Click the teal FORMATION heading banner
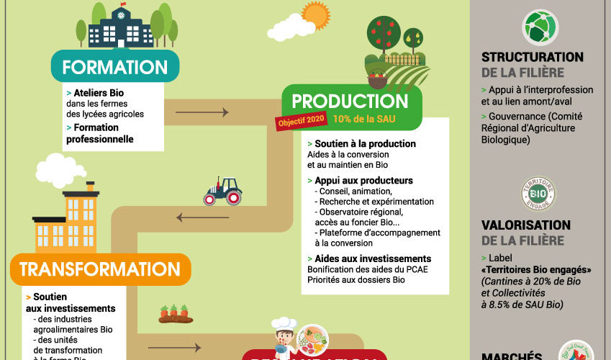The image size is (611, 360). click(x=114, y=67)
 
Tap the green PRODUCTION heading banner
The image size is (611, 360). click(x=350, y=102)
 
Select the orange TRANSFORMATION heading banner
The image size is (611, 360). click(x=100, y=269)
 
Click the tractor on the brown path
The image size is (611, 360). click(x=222, y=192)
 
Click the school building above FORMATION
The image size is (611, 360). click(x=120, y=27)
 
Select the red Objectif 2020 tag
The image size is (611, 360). click(x=301, y=121)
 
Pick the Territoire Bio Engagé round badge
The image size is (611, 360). click(x=538, y=194)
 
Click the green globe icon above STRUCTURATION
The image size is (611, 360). click(x=540, y=27)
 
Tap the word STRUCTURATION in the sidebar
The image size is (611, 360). click(x=532, y=58)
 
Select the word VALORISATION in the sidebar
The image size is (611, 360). click(x=526, y=226)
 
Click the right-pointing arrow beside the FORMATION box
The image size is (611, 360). click(x=202, y=112)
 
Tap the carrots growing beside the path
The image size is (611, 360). click(x=173, y=312)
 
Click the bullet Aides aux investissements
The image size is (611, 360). click(x=373, y=258)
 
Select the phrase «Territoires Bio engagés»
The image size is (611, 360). click(x=536, y=270)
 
